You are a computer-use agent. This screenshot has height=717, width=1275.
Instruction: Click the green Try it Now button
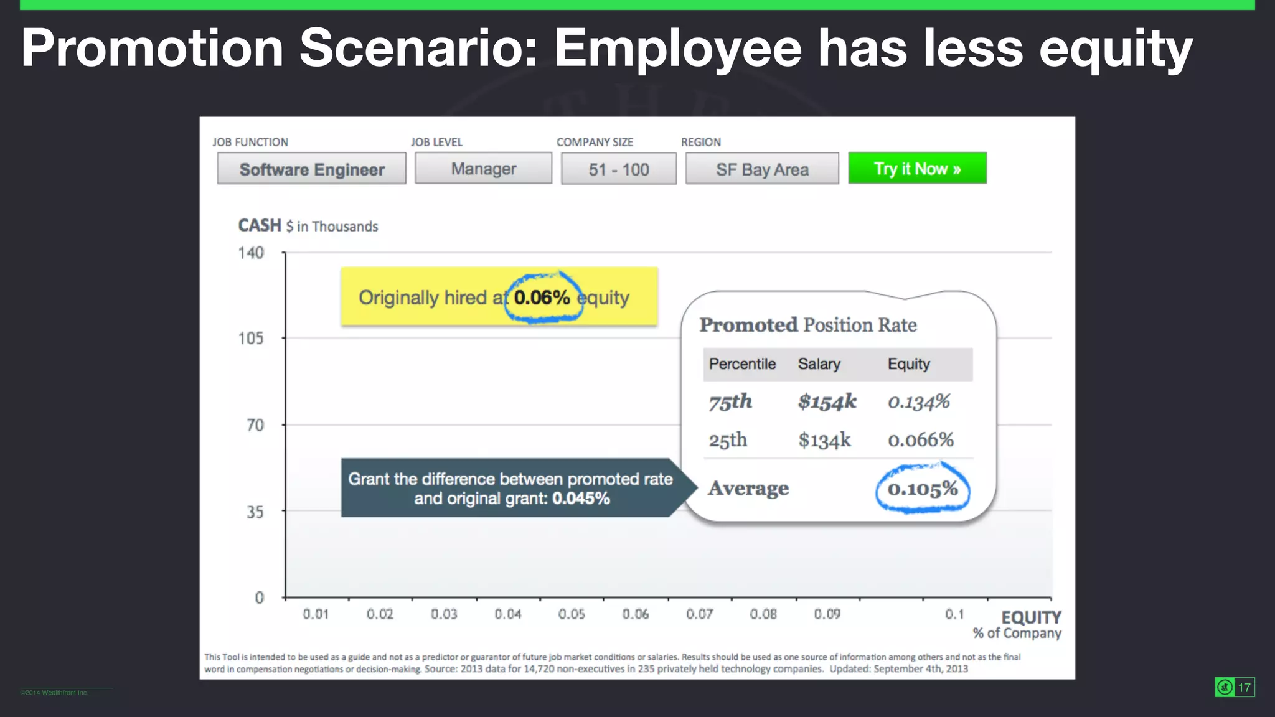[x=917, y=169]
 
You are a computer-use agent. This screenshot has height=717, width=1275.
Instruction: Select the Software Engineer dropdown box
[x=311, y=169]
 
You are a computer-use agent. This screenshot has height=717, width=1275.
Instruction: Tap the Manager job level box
[x=483, y=169]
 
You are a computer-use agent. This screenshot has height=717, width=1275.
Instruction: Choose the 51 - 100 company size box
[x=618, y=169]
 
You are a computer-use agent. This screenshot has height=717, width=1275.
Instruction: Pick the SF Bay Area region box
[x=762, y=169]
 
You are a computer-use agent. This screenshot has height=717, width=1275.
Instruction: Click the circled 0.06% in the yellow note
[x=542, y=298]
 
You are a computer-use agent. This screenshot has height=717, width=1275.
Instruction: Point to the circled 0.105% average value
[x=922, y=489]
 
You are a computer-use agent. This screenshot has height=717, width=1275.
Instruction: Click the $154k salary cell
[x=827, y=401]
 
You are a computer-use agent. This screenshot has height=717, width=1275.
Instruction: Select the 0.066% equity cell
[x=920, y=440]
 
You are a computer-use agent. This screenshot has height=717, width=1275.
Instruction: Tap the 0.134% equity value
[x=918, y=401]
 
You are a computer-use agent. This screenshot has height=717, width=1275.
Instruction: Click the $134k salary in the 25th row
[x=824, y=440]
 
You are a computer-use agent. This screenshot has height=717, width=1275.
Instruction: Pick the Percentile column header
[x=742, y=364]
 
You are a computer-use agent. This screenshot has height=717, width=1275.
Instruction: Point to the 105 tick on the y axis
[x=251, y=338]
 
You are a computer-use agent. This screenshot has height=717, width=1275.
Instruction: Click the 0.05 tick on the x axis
[x=572, y=614]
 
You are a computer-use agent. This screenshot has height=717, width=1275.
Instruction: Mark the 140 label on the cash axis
[x=251, y=253]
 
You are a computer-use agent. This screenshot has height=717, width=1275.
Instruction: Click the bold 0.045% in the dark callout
[x=581, y=499]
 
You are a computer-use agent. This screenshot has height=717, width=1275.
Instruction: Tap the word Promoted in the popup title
[x=748, y=325]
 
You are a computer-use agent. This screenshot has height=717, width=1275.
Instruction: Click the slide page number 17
[x=1244, y=687]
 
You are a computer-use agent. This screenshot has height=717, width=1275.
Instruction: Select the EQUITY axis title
[x=1031, y=617]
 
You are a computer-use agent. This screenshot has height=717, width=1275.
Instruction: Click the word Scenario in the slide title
[x=418, y=49]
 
